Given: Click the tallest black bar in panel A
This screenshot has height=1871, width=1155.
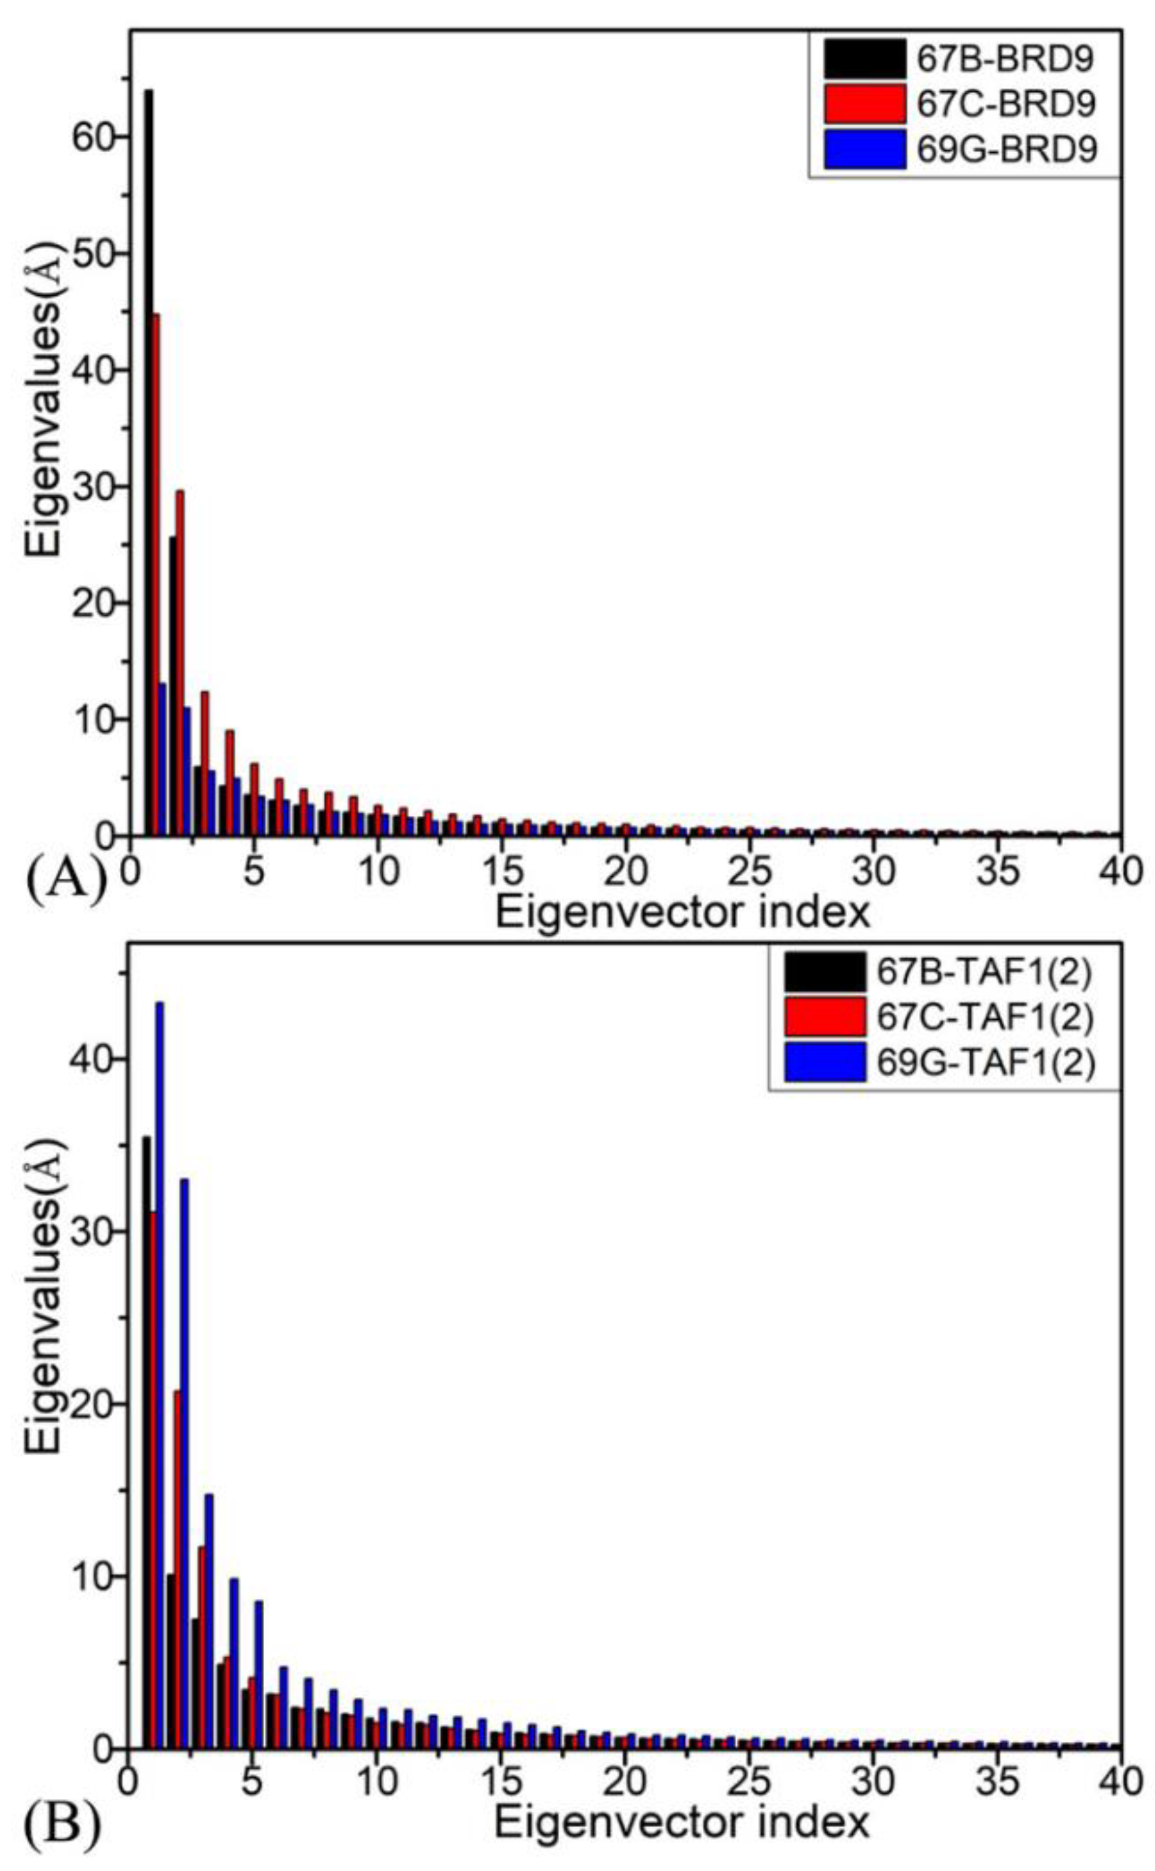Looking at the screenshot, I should coord(148,458).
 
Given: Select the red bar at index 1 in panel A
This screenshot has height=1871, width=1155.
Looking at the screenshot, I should coord(155,573).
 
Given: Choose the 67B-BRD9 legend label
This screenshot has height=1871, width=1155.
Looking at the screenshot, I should coord(1006,60).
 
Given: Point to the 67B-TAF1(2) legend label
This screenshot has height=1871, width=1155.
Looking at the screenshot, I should coord(985,973).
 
